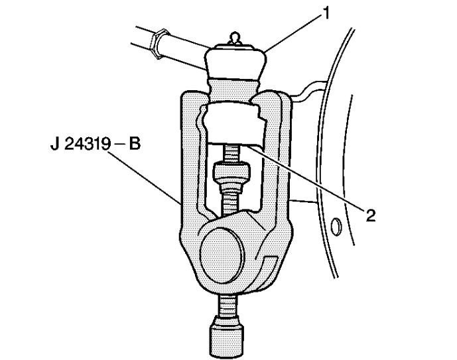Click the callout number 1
point(326,13)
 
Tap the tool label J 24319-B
point(96,144)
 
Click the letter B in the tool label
point(135,144)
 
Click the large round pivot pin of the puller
point(222,255)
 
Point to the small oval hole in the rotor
point(336,226)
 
